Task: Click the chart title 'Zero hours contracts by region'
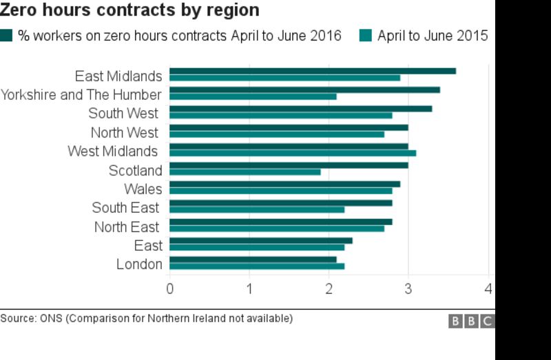(130, 10)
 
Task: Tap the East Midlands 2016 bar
(312, 71)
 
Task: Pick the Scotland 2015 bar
(245, 172)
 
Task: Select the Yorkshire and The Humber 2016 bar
(304, 89)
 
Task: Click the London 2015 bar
(256, 266)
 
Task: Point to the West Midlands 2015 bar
(292, 153)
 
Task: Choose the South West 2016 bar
(300, 109)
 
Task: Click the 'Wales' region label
(143, 189)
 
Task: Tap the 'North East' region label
(127, 227)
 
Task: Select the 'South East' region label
(125, 208)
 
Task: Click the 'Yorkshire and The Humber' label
(81, 95)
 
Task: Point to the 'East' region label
(148, 246)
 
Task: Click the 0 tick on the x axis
(169, 288)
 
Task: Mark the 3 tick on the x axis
(408, 288)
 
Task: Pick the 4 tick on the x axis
(488, 288)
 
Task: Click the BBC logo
(471, 321)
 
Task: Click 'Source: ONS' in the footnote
(31, 318)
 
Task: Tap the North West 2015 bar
(276, 134)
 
